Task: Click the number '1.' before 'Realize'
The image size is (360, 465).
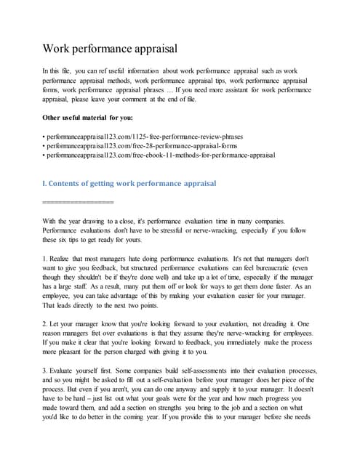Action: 46,258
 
